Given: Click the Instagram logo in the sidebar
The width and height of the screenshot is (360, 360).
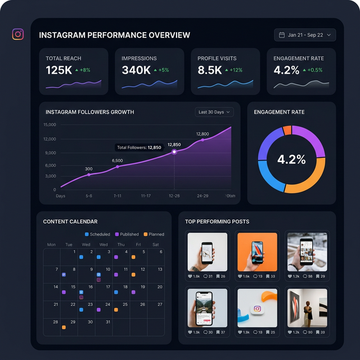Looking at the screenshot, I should (x=18, y=34).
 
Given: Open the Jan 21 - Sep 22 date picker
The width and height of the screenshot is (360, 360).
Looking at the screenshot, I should (x=305, y=35).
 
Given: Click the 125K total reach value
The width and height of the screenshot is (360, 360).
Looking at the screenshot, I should (x=58, y=70).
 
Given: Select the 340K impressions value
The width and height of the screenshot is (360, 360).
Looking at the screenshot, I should (x=136, y=70).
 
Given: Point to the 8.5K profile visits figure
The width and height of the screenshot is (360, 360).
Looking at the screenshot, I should (x=210, y=70).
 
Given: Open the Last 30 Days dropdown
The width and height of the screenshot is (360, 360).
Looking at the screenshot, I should (x=214, y=112).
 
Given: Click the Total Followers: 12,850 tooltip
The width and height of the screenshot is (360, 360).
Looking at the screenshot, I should (x=139, y=147).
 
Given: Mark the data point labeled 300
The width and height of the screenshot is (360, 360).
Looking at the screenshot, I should (x=89, y=175).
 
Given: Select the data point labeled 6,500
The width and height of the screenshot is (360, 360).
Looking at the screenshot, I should (x=118, y=166).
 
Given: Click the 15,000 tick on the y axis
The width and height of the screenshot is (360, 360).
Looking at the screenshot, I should (x=49, y=125).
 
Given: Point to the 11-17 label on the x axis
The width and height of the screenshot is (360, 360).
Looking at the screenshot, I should (x=146, y=196).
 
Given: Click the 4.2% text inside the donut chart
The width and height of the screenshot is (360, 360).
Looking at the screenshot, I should (x=291, y=160).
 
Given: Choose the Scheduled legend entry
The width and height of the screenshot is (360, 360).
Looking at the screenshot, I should (x=97, y=234).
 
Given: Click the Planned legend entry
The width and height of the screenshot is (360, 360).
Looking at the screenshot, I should (x=153, y=234).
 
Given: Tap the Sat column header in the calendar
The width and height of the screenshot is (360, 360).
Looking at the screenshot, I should (x=156, y=245).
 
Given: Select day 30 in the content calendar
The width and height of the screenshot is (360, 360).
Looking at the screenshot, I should (x=90, y=322).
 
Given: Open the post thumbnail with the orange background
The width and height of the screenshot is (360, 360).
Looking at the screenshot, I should (x=257, y=252).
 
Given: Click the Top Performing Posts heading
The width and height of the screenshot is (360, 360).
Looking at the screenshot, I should (x=217, y=222).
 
